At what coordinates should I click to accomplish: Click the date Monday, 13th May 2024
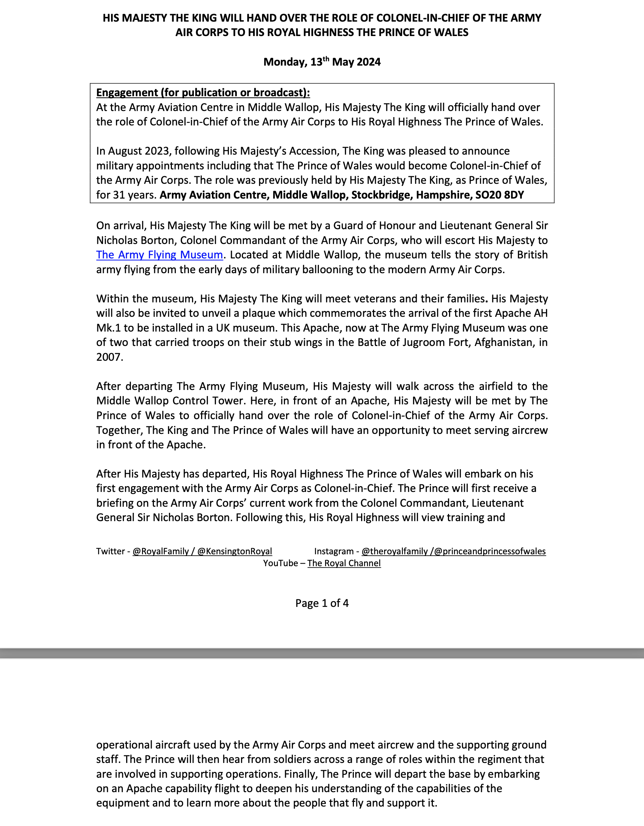pos(322,62)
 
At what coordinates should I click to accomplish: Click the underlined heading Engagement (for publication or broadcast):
pos(203,93)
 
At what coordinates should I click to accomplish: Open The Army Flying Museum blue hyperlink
pos(159,255)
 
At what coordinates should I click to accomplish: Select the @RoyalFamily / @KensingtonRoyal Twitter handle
pos(202,551)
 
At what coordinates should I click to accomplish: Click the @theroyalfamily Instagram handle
pos(395,551)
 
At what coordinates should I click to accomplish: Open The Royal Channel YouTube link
pos(344,563)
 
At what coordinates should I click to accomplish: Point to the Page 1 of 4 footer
pos(322,603)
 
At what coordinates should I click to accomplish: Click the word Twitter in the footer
pos(110,551)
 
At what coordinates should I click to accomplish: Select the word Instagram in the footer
pos(334,551)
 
